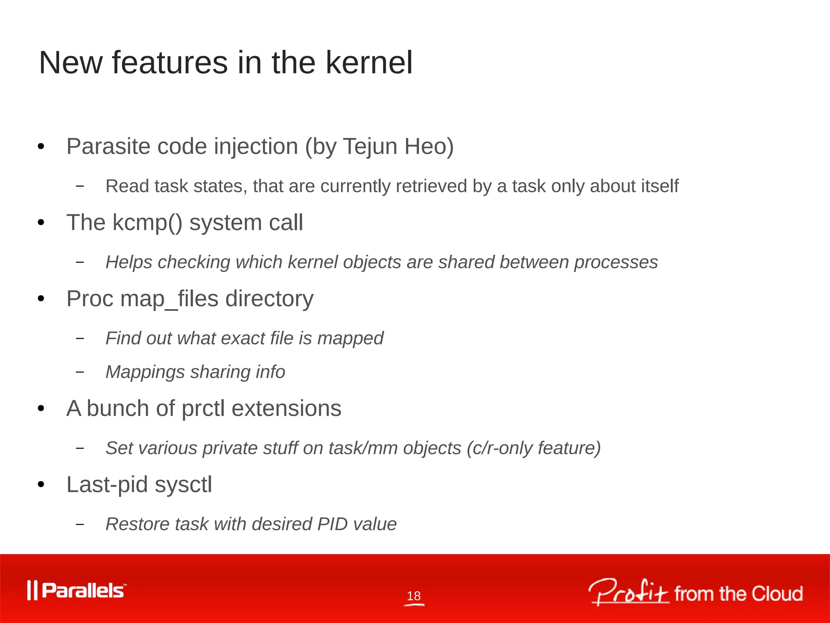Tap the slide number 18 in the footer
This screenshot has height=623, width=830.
tap(414, 596)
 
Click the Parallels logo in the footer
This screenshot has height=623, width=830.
tap(77, 590)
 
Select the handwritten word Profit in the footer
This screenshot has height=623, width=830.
tap(628, 592)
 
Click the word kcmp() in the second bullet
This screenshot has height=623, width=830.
tap(148, 223)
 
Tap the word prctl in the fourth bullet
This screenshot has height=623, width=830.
tap(203, 408)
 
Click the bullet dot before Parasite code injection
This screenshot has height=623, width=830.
tap(41, 147)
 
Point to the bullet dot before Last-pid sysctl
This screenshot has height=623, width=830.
tap(41, 485)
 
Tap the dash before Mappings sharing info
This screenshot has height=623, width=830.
tap(80, 372)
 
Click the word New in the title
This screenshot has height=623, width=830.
tap(71, 63)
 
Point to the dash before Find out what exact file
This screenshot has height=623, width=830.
tap(80, 338)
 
